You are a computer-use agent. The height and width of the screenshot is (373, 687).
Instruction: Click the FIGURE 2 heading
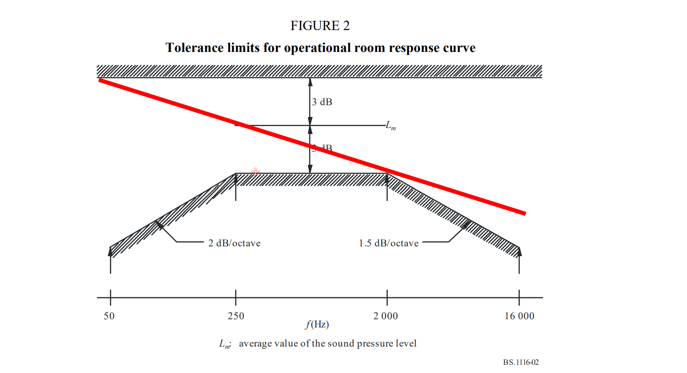[320, 26]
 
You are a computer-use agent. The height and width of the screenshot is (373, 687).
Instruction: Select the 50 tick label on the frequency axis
[109, 316]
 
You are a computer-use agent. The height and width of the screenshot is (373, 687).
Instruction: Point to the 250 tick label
[236, 316]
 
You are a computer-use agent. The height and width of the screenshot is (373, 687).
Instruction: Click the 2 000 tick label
[385, 316]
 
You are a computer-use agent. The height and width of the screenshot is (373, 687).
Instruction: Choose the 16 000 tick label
[519, 316]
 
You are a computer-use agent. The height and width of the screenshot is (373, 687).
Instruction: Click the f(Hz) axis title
[317, 324]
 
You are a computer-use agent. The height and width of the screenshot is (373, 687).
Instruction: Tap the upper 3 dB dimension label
[322, 102]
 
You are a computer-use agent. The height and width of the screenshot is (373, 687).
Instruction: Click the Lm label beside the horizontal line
[391, 125]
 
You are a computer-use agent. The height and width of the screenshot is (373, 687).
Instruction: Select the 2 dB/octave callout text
[234, 243]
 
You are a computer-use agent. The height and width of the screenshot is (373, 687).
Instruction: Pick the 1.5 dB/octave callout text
[389, 243]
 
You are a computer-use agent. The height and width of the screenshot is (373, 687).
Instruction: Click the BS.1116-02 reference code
[521, 363]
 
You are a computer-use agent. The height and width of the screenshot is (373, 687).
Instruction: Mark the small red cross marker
[256, 172]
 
